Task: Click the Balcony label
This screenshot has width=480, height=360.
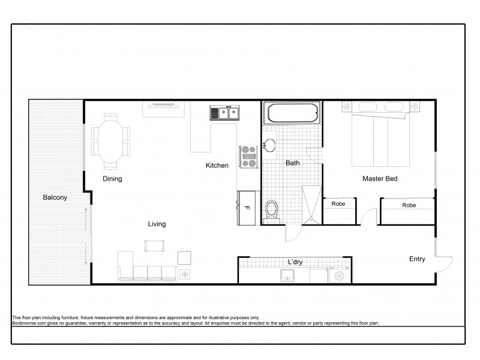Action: pyautogui.click(x=55, y=197)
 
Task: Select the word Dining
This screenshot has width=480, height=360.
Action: pyautogui.click(x=112, y=179)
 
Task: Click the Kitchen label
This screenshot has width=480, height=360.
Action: pyautogui.click(x=217, y=166)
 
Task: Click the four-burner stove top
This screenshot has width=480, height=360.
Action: pyautogui.click(x=248, y=156)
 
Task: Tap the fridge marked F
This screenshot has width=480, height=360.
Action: pyautogui.click(x=247, y=208)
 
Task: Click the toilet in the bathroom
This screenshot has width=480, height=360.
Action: pyautogui.click(x=272, y=211)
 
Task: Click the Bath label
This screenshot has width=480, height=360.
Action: pyautogui.click(x=292, y=163)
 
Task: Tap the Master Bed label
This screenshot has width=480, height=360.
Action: pyautogui.click(x=379, y=179)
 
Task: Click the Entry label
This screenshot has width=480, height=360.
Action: pyautogui.click(x=417, y=259)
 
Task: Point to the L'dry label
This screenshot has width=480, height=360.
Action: pyautogui.click(x=294, y=262)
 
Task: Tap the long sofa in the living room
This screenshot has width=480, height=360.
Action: pyautogui.click(x=147, y=272)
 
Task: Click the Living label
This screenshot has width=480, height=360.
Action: pyautogui.click(x=157, y=224)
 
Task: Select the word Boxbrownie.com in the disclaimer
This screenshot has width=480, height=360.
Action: pyautogui.click(x=28, y=322)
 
